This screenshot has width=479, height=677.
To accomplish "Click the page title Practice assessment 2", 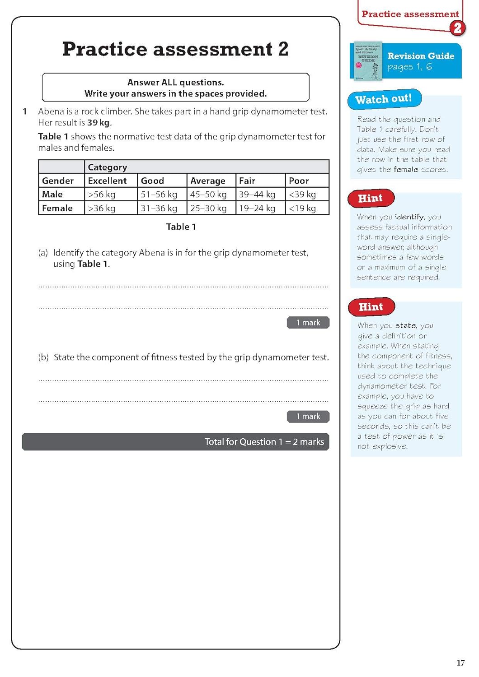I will [x=175, y=49].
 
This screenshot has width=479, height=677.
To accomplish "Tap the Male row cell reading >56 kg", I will [x=102, y=195].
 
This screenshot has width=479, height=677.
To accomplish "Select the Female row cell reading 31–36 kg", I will [x=159, y=208].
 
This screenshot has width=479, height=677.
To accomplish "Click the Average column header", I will [x=207, y=181].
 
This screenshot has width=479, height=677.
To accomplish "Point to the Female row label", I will [x=57, y=208].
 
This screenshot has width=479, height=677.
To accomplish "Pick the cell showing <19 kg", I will [x=302, y=208].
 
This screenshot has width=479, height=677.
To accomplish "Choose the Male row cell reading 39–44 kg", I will [x=257, y=195].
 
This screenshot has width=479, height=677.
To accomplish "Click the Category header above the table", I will [x=108, y=167].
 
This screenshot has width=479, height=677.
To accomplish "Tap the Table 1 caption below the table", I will [x=181, y=227].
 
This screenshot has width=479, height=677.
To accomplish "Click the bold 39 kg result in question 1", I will [x=99, y=123].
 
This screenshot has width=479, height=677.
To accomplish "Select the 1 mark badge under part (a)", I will [x=308, y=323].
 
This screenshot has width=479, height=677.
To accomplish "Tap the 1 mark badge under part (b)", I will [x=308, y=417].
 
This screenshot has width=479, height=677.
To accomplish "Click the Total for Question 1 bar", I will [x=175, y=442].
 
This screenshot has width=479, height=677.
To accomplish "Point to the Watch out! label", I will [x=384, y=99].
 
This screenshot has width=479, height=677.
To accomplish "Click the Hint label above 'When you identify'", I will [x=371, y=198].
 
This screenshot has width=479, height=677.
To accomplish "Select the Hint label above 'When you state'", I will [x=371, y=307].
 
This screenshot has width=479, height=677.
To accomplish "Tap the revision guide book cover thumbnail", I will [x=368, y=61].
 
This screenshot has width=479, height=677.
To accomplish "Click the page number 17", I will [x=460, y=663].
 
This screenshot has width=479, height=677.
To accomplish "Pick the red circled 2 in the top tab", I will [x=457, y=28].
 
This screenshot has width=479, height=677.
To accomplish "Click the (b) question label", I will [x=43, y=357].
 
